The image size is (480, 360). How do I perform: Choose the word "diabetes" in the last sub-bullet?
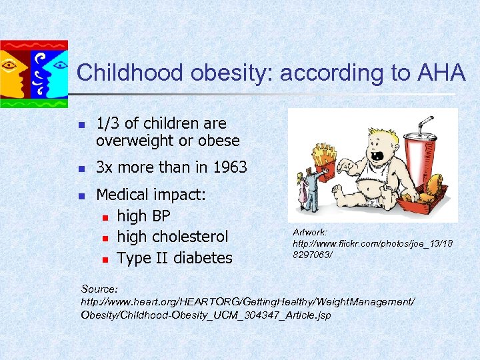pyautogui.click(x=204, y=258)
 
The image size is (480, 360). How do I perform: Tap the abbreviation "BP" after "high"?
pyautogui.click(x=161, y=216)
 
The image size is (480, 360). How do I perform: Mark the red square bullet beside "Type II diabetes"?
pyautogui.click(x=105, y=259)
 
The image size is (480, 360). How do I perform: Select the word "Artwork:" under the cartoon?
pyautogui.click(x=310, y=231)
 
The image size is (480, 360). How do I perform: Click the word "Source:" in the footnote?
pyautogui.click(x=99, y=289)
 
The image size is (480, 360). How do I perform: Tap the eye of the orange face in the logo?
pyautogui.click(x=11, y=66)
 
